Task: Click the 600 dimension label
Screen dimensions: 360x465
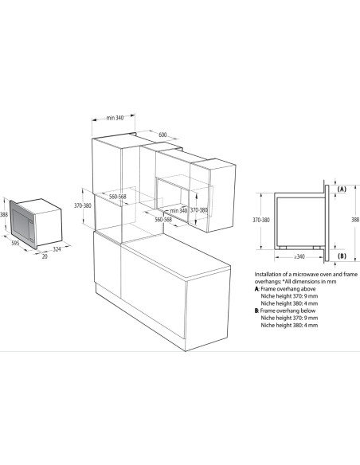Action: point(162,135)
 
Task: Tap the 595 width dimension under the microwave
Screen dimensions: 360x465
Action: point(15,243)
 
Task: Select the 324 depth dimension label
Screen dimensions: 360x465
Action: point(57,249)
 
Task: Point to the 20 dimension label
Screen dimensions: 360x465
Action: point(45,256)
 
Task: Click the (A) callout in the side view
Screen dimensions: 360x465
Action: point(342,189)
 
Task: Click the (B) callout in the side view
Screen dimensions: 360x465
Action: point(342,256)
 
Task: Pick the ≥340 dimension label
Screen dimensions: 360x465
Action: point(299,256)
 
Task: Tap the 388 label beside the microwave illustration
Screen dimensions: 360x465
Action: point(3,214)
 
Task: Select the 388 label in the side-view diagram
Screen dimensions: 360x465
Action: point(355,220)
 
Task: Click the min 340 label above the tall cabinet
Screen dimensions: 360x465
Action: point(115,118)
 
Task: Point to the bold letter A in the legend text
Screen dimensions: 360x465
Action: point(256,289)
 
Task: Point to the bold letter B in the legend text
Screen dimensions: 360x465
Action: point(256,311)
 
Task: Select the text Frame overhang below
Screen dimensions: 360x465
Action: point(288,311)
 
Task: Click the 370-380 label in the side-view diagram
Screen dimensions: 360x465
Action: point(261,220)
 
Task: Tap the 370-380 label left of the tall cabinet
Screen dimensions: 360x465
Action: point(83,205)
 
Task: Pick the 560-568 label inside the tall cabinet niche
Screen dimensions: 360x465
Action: point(118,197)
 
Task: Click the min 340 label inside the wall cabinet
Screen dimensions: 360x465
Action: point(179,210)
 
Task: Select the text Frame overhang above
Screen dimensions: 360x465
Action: point(288,289)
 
